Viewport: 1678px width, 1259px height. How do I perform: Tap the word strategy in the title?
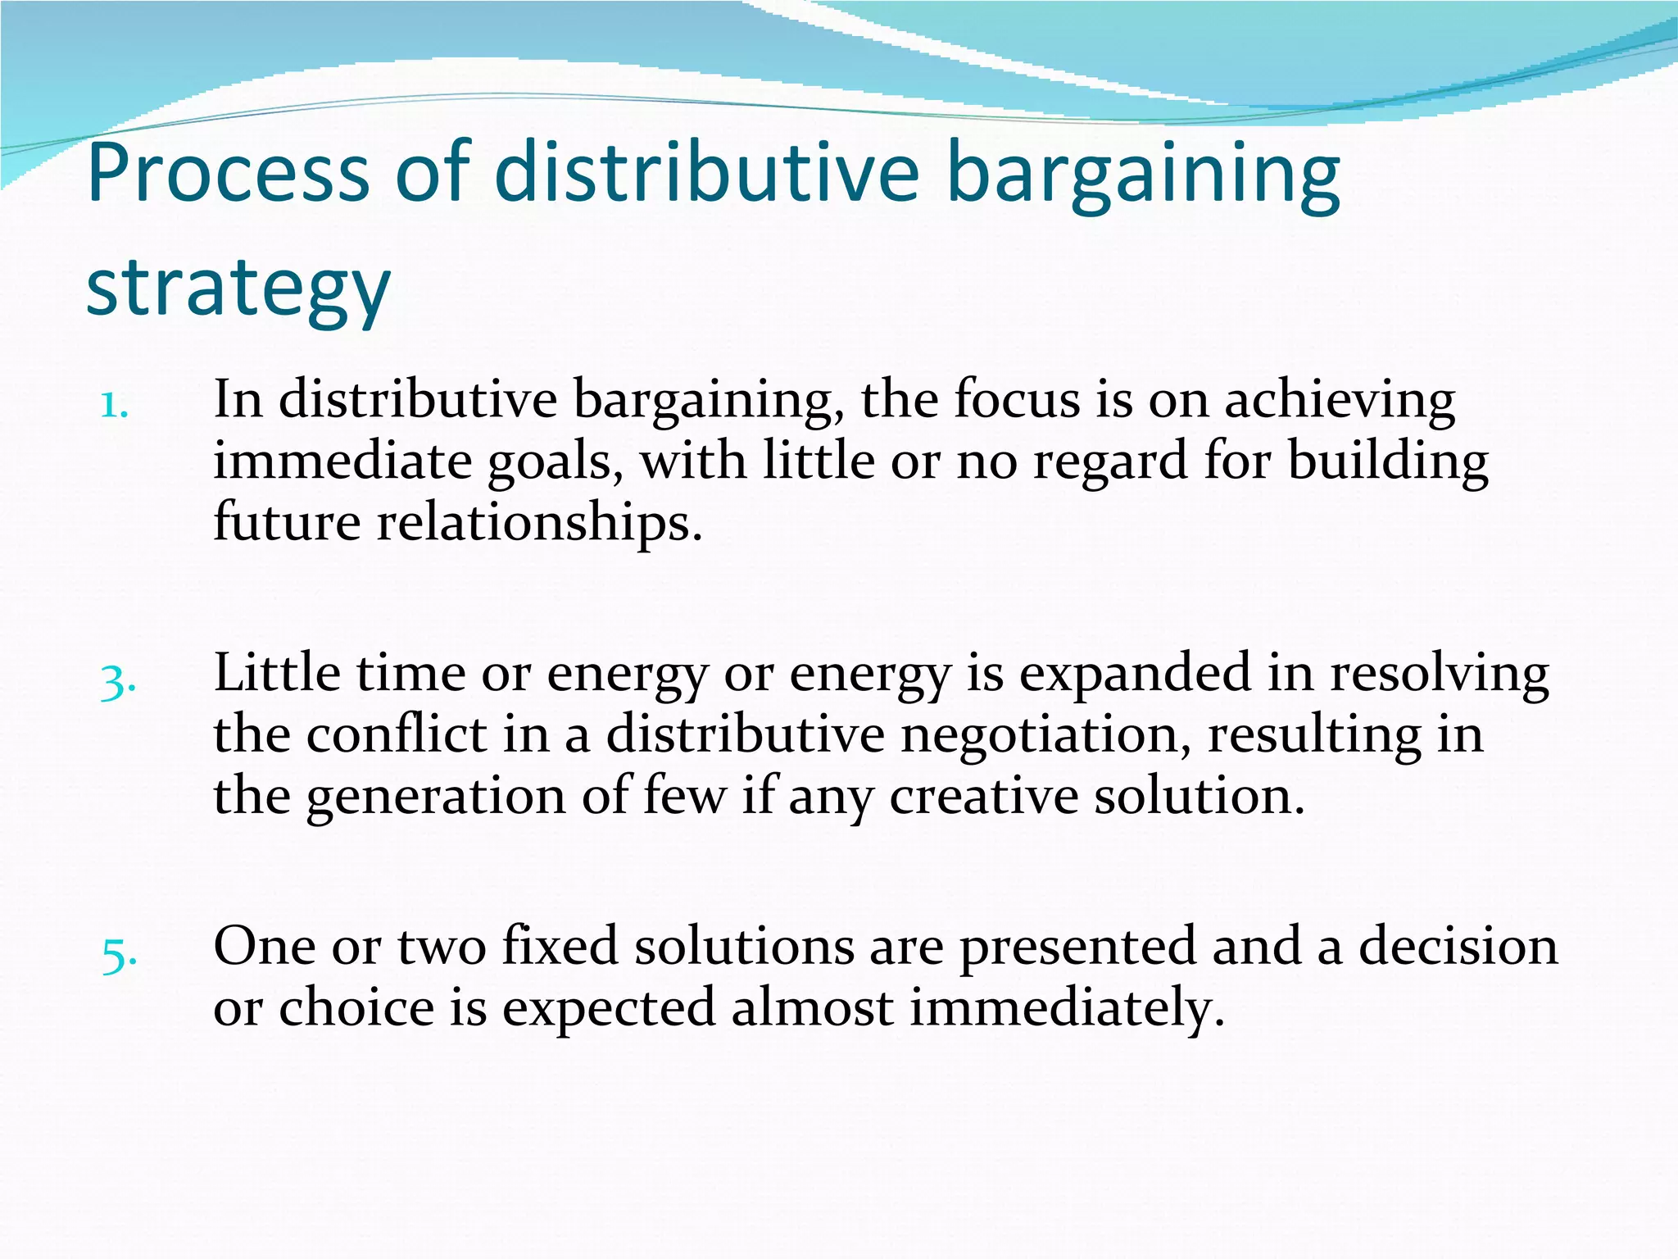click(238, 289)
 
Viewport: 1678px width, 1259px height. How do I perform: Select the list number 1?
click(114, 405)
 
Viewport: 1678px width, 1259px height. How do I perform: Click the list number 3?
click(117, 681)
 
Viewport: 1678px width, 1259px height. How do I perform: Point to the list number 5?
click(119, 954)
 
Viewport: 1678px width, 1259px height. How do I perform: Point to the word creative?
click(982, 796)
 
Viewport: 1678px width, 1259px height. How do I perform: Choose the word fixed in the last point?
click(560, 946)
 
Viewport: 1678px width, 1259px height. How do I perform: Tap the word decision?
click(1458, 946)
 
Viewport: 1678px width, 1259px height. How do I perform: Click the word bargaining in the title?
click(1143, 174)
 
